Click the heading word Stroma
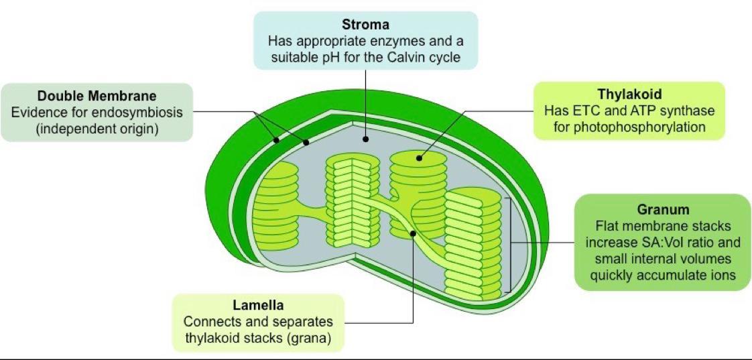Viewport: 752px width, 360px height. coord(365,25)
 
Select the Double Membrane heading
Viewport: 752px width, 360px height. coord(97,96)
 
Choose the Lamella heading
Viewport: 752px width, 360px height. coord(258,306)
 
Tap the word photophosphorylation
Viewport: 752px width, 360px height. coord(629,127)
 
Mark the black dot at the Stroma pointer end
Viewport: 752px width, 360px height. coord(366,139)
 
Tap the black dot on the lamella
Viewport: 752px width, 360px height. coord(414,233)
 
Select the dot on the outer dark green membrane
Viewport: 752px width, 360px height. coord(275,141)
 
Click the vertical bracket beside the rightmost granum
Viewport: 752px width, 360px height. coord(511,244)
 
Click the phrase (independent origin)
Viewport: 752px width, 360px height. coord(97,127)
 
